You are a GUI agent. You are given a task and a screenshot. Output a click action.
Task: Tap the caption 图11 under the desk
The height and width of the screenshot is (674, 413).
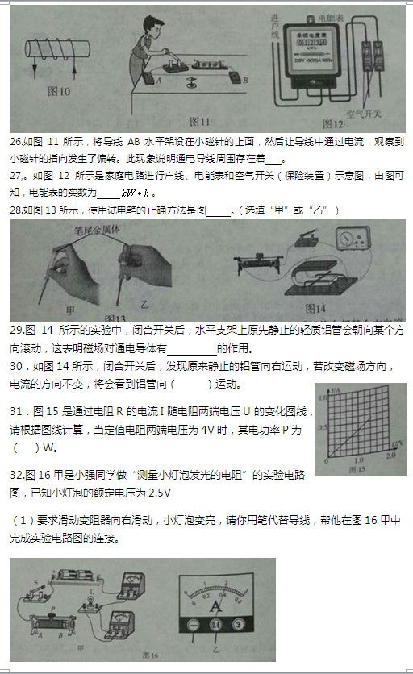199,122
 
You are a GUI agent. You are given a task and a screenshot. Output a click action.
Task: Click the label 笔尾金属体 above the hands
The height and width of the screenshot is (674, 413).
84,230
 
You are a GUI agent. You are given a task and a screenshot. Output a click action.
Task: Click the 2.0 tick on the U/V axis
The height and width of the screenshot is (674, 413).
395,461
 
